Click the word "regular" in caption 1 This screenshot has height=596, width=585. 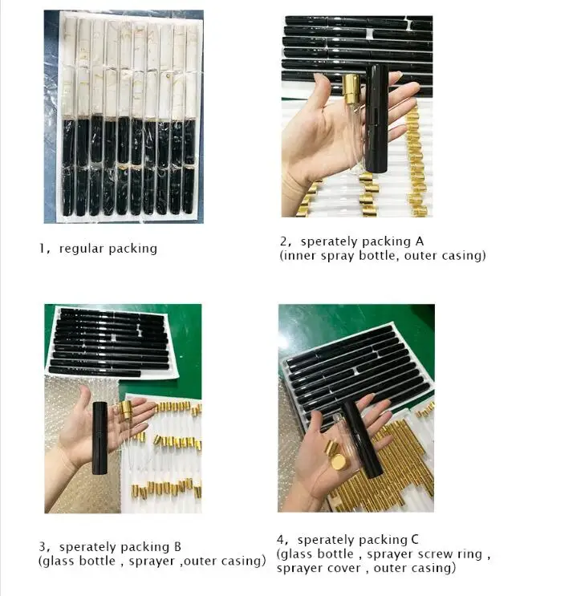(x=81, y=249)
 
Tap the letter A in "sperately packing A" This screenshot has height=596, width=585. (x=419, y=241)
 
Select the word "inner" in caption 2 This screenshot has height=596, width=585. (x=300, y=255)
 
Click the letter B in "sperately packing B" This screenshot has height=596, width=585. (x=177, y=546)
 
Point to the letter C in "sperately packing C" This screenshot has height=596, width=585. (x=415, y=539)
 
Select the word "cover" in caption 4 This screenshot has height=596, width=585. (x=345, y=568)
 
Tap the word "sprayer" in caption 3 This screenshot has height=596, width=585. (x=152, y=562)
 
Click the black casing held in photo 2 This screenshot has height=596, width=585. (x=376, y=118)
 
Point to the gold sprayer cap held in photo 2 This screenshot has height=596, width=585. (x=351, y=88)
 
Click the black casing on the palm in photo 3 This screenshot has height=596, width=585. (x=100, y=438)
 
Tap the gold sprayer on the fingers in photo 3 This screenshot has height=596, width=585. (x=125, y=410)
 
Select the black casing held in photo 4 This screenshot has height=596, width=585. (x=361, y=439)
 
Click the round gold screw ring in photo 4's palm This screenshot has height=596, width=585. (x=338, y=463)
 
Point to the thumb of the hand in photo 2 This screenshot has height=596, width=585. (x=322, y=93)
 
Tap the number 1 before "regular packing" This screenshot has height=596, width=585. (x=42, y=249)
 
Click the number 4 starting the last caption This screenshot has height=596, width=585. (x=280, y=539)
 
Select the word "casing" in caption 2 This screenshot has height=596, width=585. (x=462, y=255)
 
